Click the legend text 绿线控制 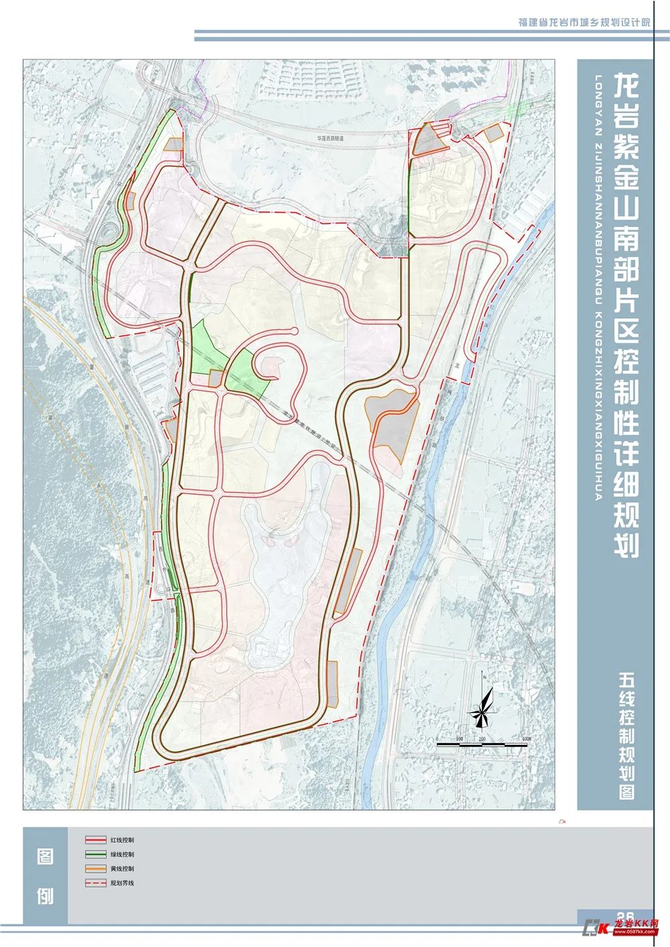tap(123, 854)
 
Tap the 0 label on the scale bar tap(438, 739)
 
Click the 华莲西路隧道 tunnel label tap(330, 139)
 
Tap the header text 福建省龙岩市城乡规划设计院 tap(585, 22)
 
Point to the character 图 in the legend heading tap(45, 857)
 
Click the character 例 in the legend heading tap(45, 895)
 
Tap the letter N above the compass tap(482, 677)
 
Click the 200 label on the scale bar tap(482, 739)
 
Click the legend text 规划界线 tap(123, 883)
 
